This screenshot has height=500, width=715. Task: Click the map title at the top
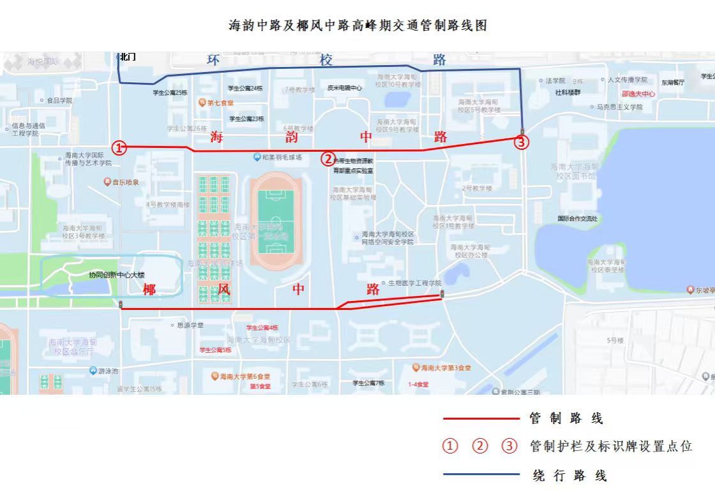pyautogui.click(x=357, y=26)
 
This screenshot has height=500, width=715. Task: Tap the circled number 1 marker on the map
pyautogui.click(x=119, y=148)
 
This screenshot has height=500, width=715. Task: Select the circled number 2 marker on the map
pyautogui.click(x=327, y=159)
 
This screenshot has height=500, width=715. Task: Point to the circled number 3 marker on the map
pyautogui.click(x=522, y=142)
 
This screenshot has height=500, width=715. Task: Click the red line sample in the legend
pyautogui.click(x=481, y=419)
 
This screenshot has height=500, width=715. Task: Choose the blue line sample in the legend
pyautogui.click(x=481, y=474)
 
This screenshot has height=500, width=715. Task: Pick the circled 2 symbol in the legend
pyautogui.click(x=479, y=446)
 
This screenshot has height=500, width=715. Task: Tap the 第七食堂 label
pyautogui.click(x=220, y=103)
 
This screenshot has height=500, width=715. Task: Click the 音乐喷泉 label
pyautogui.click(x=125, y=182)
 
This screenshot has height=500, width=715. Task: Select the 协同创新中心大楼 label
pyautogui.click(x=117, y=275)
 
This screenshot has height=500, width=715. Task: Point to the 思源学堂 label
pyautogui.click(x=190, y=325)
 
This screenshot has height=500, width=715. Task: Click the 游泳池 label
pyautogui.click(x=107, y=371)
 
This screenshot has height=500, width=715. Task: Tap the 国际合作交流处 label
pyautogui.click(x=578, y=219)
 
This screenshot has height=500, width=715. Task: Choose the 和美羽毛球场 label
pyautogui.click(x=281, y=158)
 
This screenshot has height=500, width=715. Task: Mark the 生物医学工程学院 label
pyautogui.click(x=414, y=283)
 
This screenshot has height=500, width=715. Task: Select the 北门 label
pyautogui.click(x=127, y=57)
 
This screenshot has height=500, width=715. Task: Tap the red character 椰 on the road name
pyautogui.click(x=149, y=290)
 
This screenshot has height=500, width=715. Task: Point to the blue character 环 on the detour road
pyautogui.click(x=213, y=60)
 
